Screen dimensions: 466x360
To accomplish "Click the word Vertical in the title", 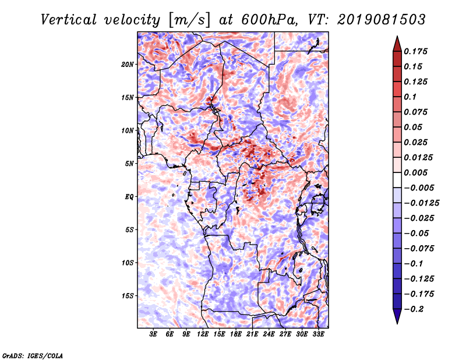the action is click(69, 20).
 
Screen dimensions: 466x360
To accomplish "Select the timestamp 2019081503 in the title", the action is click(382, 20).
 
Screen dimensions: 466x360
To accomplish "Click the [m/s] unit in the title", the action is click(189, 20).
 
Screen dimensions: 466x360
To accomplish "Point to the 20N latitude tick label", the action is click(127, 64).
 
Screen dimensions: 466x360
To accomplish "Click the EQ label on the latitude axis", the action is click(129, 197).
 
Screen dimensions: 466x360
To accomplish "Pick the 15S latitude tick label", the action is click(127, 296).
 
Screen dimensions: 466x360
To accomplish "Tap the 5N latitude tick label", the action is click(129, 164).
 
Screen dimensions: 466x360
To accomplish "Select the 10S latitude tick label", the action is click(127, 263).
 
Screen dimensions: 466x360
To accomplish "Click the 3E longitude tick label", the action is click(153, 334).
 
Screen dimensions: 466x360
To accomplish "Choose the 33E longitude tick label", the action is click(318, 334).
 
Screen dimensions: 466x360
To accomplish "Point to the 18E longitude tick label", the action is click(236, 334).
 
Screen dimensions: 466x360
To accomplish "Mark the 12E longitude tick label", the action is click(203, 334).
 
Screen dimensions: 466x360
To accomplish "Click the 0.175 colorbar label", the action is click(415, 51).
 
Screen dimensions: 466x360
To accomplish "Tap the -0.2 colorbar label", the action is click(414, 309).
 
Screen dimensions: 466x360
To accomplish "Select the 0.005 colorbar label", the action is click(415, 172).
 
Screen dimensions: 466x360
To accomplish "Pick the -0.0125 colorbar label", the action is click(421, 203).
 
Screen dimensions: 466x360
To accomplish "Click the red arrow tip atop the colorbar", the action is click(397, 37).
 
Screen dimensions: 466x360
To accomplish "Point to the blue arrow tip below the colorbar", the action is click(397, 323).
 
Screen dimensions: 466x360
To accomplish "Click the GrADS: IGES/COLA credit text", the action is click(33, 355).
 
